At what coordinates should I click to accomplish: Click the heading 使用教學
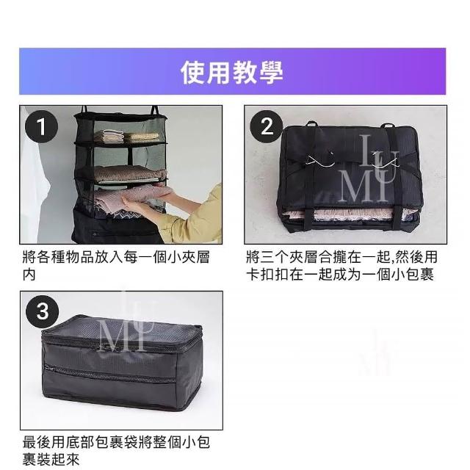[232, 72]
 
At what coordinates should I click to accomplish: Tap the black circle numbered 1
[41, 127]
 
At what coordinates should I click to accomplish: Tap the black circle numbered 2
[267, 126]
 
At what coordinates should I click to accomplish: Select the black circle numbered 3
[43, 311]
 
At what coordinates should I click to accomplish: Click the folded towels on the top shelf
[126, 136]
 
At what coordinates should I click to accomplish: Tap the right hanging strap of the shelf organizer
[155, 110]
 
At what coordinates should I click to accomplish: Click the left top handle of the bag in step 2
[312, 123]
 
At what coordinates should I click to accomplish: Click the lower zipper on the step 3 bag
[110, 375]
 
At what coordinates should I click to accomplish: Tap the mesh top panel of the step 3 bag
[120, 330]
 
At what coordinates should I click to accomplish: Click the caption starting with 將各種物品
[116, 266]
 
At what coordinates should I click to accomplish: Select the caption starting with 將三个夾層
[342, 266]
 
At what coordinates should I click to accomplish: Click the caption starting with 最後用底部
[116, 450]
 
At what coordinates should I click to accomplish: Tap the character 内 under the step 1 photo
[29, 275]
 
